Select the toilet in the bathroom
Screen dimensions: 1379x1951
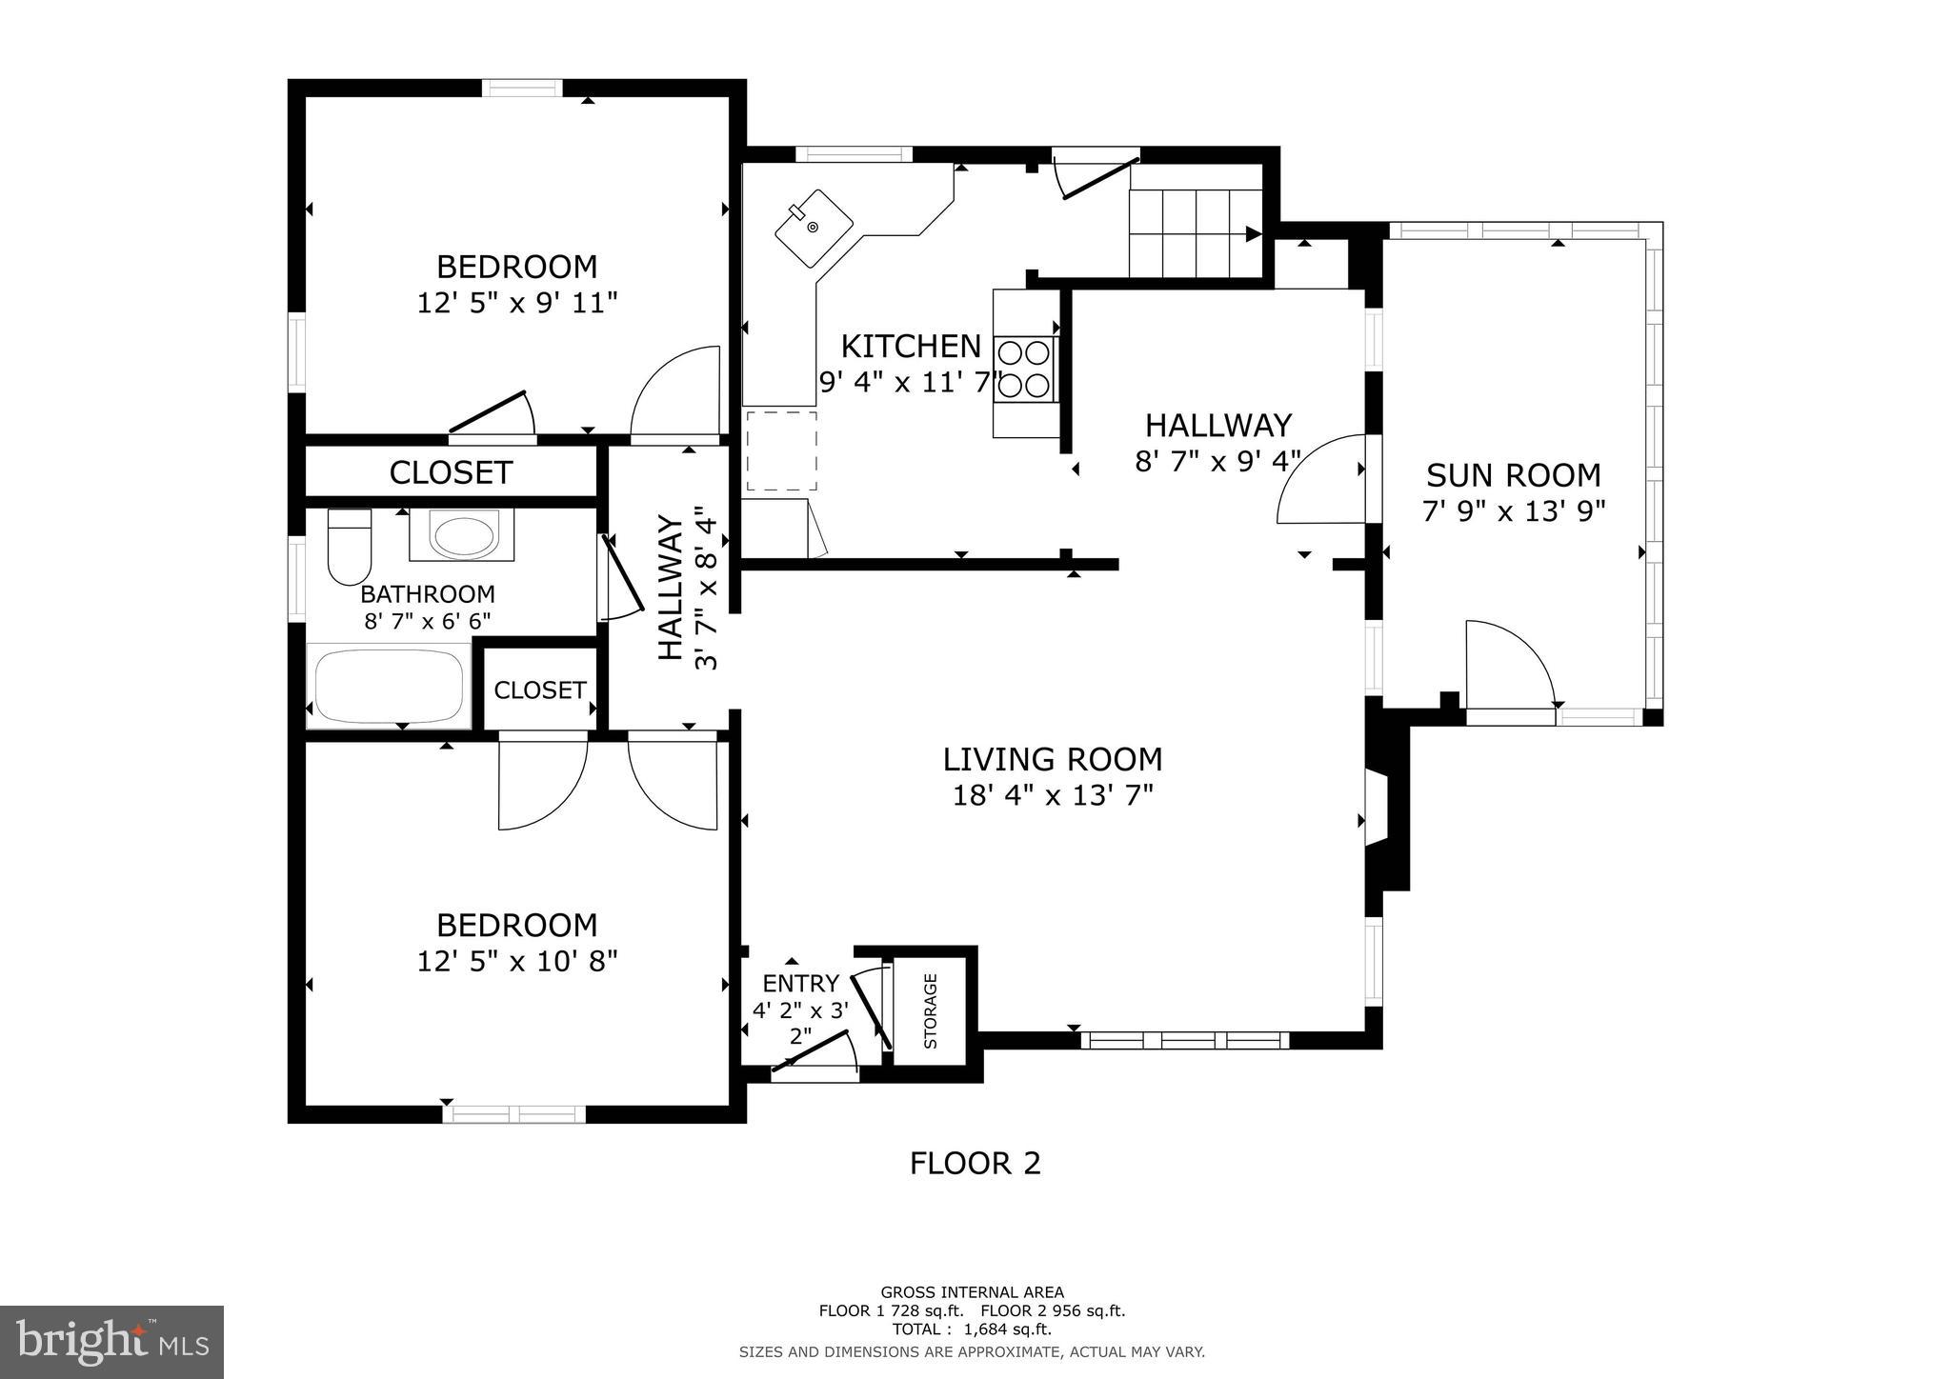[349, 547]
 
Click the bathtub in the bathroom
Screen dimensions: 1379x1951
[389, 686]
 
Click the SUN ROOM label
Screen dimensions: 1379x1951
[1513, 475]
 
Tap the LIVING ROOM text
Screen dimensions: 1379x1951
[1053, 759]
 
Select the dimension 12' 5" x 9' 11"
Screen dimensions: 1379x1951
[517, 303]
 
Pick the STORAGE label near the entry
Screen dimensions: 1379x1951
[931, 1010]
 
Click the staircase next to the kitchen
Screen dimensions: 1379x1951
[1196, 232]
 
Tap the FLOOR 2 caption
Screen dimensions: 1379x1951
[975, 1163]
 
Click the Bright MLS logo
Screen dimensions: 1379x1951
[112, 1342]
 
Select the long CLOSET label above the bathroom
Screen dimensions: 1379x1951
[451, 472]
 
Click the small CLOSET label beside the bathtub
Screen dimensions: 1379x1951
[539, 689]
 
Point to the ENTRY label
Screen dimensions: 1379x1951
[801, 983]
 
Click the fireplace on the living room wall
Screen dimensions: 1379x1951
[1383, 809]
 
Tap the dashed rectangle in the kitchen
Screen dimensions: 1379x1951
[781, 450]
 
